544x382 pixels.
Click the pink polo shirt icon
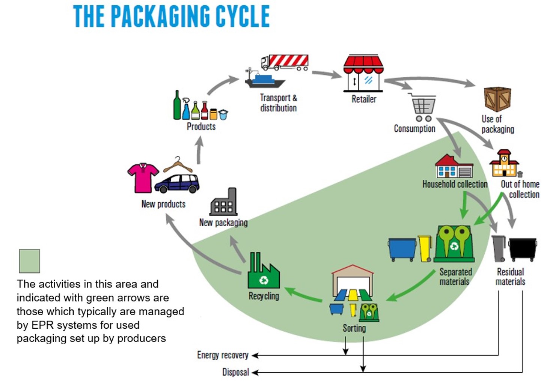pyautogui.click(x=143, y=177)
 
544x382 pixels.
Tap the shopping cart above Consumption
pyautogui.click(x=423, y=107)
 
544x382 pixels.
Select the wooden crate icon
pyautogui.click(x=497, y=99)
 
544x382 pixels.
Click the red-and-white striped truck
pyautogui.click(x=285, y=62)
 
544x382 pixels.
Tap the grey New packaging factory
pyautogui.click(x=224, y=203)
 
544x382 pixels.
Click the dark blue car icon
pyautogui.click(x=177, y=183)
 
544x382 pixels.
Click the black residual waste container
pyautogui.click(x=522, y=249)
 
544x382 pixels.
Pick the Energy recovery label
pyautogui.click(x=223, y=355)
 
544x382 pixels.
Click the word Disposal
pyautogui.click(x=235, y=372)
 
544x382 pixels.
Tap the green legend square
pyautogui.click(x=30, y=261)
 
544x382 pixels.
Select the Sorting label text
pyautogui.click(x=354, y=328)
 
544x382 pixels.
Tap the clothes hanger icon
pyautogui.click(x=178, y=165)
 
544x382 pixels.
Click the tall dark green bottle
pyautogui.click(x=177, y=105)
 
